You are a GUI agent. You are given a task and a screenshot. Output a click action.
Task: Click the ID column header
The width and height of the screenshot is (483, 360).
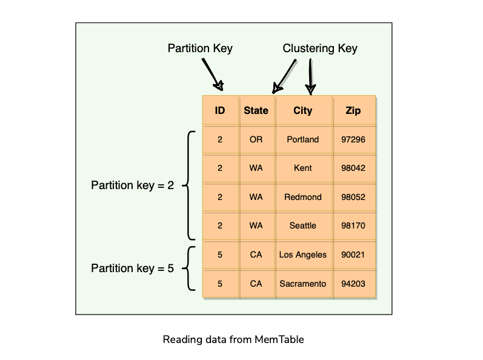click(220, 111)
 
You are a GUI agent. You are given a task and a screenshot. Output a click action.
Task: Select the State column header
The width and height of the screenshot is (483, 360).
click(256, 111)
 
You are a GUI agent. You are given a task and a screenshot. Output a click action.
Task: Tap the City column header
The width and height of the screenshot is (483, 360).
click(302, 111)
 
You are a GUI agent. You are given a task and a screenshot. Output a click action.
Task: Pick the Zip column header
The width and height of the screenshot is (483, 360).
click(353, 111)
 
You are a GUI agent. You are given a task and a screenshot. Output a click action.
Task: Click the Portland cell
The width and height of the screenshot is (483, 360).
click(302, 139)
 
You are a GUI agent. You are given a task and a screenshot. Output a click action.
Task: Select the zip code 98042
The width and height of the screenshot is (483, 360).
click(353, 168)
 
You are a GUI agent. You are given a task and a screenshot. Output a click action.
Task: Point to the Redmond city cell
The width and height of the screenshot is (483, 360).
click(302, 197)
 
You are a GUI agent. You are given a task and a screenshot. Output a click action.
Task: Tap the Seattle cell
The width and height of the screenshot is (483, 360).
click(302, 225)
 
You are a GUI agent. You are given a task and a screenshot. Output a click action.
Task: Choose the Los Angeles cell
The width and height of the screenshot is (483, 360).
click(302, 255)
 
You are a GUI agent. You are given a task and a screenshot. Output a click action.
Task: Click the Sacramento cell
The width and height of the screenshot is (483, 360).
click(302, 284)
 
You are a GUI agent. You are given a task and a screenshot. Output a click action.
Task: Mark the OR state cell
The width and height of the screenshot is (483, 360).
click(256, 139)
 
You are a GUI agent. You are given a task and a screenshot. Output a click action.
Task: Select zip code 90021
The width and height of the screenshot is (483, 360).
click(353, 255)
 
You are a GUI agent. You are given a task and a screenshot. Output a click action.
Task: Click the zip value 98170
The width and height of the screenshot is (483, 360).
click(353, 225)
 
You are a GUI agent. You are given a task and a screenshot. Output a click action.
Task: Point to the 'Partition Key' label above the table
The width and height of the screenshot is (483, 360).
click(200, 48)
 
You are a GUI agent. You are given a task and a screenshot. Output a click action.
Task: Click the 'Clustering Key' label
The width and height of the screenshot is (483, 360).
click(320, 48)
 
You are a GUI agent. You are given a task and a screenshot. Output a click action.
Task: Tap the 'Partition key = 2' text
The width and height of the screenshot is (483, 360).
click(132, 185)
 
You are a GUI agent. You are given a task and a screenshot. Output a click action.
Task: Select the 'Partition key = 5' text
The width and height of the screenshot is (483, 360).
click(132, 268)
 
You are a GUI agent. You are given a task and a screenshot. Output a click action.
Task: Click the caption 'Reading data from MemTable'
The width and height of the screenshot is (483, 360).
click(233, 339)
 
